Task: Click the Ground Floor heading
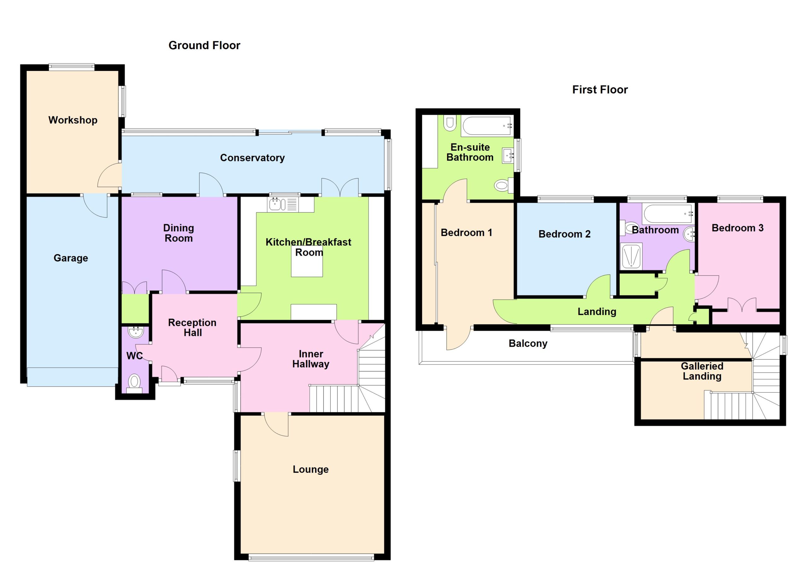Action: (204, 45)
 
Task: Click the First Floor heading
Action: (600, 90)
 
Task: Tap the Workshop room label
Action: (73, 120)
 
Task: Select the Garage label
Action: (71, 258)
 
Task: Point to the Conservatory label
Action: (252, 158)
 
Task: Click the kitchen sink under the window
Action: (283, 205)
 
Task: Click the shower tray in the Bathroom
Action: (631, 256)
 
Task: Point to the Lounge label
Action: (311, 469)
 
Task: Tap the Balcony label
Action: (528, 343)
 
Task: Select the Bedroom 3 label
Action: (738, 228)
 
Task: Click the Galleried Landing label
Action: (702, 371)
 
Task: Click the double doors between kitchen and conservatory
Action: (340, 188)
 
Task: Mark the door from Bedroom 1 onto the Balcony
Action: (458, 338)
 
